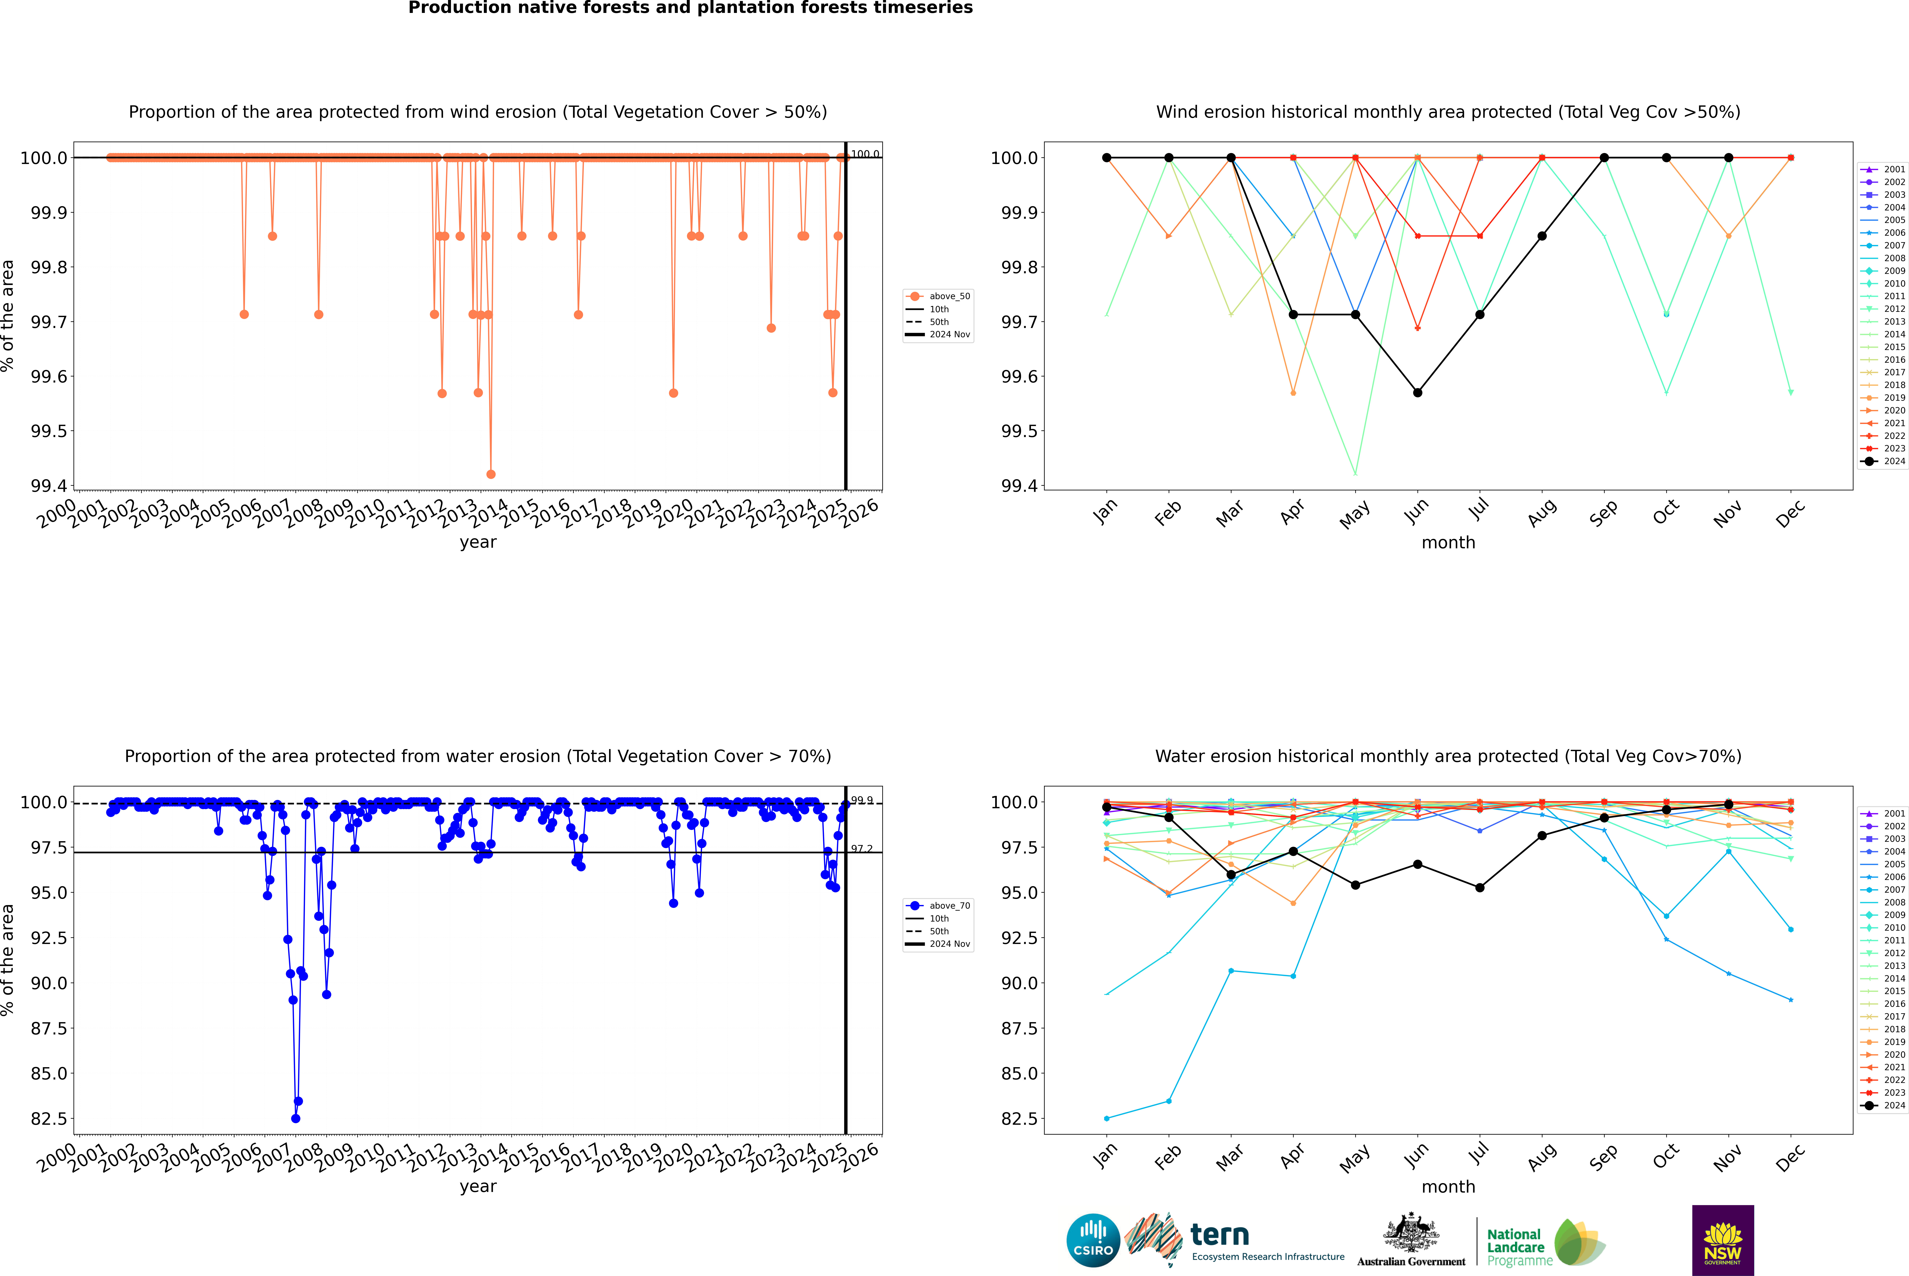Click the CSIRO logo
point(1093,1240)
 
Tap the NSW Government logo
point(1723,1240)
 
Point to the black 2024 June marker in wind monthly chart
point(1417,392)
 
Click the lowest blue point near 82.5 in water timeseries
point(295,1118)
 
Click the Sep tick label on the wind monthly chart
point(1603,513)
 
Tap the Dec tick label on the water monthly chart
point(1790,1157)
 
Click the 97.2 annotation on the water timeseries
point(862,849)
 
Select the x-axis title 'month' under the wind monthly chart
point(1448,543)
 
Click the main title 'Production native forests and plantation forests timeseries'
point(690,8)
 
